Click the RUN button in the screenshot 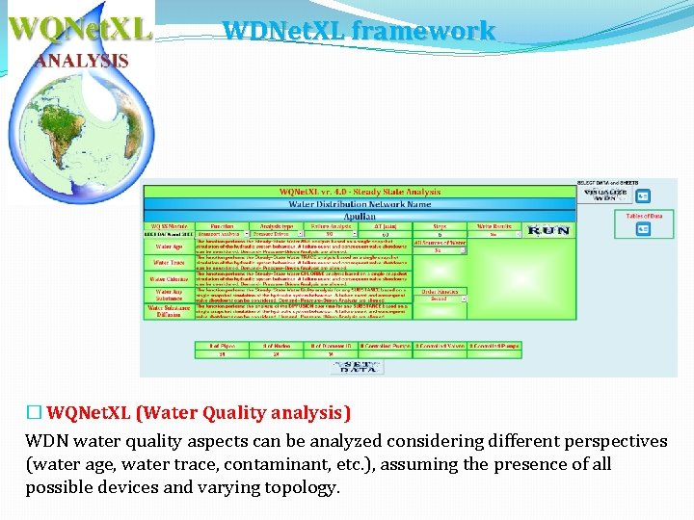coord(548,232)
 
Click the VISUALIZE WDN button coord(605,195)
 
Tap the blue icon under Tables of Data coord(644,231)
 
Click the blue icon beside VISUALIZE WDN coord(644,196)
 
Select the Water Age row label coord(169,247)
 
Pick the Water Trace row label coord(169,263)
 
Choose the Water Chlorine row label coord(169,279)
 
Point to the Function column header coord(222,225)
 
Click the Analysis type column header coord(277,225)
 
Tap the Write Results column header coord(494,225)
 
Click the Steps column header coord(439,225)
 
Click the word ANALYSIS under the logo coord(82,60)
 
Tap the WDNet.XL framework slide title coord(359,31)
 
